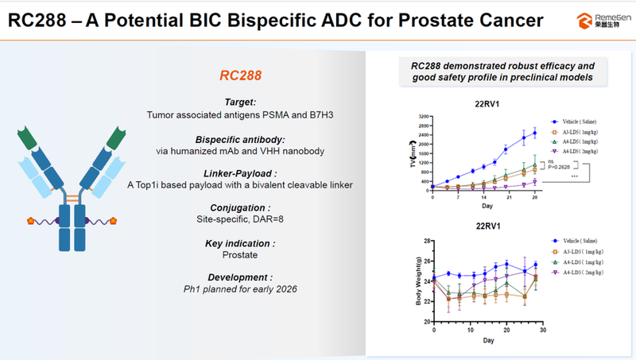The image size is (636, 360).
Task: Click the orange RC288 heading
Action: (241, 77)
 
